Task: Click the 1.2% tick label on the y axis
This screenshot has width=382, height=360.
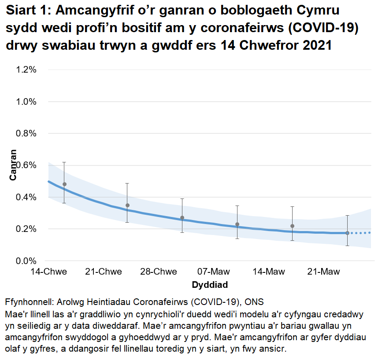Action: pos(26,70)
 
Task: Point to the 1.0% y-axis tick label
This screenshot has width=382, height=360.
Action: pos(26,102)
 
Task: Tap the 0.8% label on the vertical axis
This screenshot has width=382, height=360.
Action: pos(26,133)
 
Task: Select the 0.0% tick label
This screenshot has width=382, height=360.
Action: pos(26,261)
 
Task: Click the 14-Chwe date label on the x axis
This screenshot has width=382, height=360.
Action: pos(48,272)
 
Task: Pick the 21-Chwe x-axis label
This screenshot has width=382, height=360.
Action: pos(104,272)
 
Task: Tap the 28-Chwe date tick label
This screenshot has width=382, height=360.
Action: pos(159,272)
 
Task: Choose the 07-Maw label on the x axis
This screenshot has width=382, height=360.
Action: pos(213,272)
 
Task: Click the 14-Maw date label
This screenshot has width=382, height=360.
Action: pos(268,272)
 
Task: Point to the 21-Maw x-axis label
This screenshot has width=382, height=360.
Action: pos(323,272)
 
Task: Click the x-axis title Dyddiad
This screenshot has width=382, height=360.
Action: pos(210,285)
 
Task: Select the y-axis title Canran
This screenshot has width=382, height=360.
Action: pos(14,165)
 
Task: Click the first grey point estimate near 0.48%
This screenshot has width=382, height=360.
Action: pos(64,184)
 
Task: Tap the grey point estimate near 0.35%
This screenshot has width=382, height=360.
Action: pos(127,205)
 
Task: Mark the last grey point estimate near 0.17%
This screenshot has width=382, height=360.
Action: pos(347,233)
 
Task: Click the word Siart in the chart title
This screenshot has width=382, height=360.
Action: pos(22,11)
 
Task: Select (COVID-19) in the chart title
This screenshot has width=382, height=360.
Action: pos(327,28)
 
